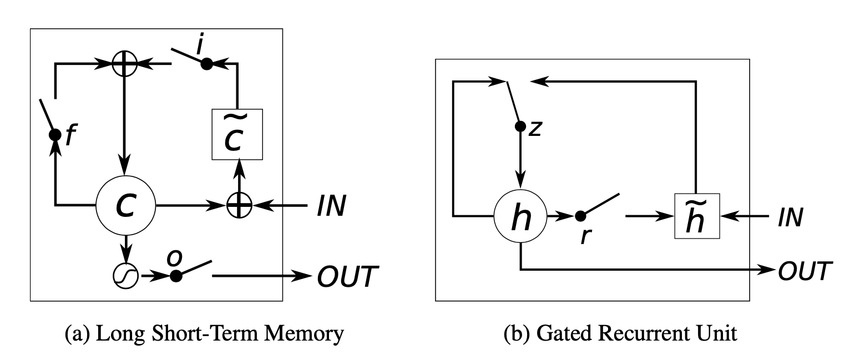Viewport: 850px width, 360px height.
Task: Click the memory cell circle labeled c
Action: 125,206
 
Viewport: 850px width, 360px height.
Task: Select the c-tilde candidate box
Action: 237,134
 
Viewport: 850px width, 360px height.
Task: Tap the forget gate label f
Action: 71,135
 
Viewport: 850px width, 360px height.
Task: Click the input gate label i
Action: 200,45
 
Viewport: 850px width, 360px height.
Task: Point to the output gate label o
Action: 175,257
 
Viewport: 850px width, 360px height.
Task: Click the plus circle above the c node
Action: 124,64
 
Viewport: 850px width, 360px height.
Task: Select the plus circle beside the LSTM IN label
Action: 239,206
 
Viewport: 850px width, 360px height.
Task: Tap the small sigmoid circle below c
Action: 125,276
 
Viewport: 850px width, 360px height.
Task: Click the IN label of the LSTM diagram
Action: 332,206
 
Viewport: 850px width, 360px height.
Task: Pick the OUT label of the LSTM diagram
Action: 347,277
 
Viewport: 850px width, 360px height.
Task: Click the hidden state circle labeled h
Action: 520,216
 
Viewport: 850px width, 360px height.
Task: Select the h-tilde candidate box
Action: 697,216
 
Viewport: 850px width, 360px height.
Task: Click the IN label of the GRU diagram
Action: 791,217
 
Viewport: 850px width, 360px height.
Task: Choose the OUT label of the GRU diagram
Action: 805,271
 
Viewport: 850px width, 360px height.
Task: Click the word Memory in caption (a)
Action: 304,333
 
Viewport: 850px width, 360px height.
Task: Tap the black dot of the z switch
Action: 520,126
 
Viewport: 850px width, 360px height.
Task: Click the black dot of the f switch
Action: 55,134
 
